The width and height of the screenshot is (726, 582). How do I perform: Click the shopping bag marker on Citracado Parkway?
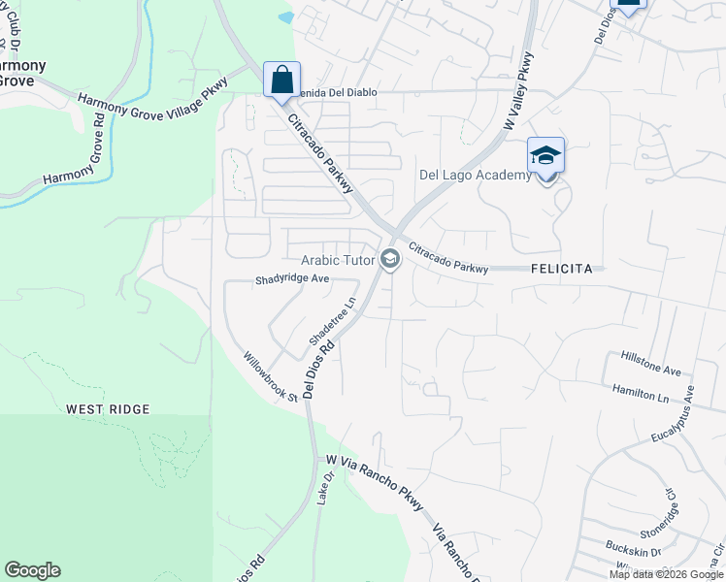[x=281, y=81]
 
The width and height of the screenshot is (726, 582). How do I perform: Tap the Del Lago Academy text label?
[x=476, y=175]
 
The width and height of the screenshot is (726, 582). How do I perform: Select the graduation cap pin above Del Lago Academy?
[x=545, y=156]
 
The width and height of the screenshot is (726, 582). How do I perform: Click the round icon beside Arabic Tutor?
[x=390, y=259]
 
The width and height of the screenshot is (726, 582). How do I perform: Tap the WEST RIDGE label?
[x=108, y=409]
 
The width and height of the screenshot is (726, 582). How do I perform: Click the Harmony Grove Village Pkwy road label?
[x=151, y=103]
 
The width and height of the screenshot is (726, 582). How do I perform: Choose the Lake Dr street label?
[x=325, y=488]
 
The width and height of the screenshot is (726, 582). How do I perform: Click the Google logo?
[x=32, y=570]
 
